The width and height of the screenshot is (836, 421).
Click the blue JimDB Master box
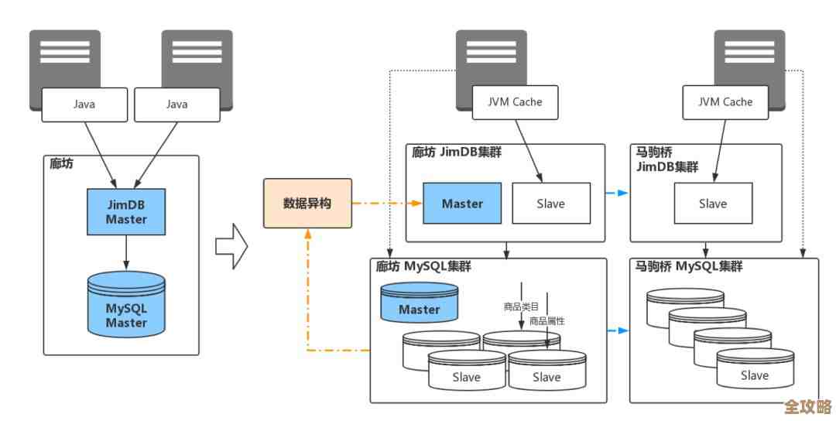(126, 212)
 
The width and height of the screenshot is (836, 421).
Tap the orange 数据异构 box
(307, 204)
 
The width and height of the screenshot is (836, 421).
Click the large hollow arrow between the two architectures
(231, 247)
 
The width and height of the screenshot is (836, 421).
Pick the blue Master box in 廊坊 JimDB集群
(462, 204)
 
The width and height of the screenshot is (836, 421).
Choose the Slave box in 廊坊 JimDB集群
(550, 204)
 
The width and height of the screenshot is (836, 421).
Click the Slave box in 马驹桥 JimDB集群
(712, 204)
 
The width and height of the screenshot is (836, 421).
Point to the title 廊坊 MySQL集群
(423, 267)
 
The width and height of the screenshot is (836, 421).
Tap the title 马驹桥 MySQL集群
(688, 267)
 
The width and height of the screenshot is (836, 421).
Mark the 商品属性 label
(546, 320)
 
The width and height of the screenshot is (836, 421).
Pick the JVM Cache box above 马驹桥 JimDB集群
(725, 102)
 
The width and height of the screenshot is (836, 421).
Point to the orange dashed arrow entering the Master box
(387, 204)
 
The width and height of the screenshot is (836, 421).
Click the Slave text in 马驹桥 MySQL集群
(754, 375)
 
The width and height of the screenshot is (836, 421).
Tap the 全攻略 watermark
(807, 407)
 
